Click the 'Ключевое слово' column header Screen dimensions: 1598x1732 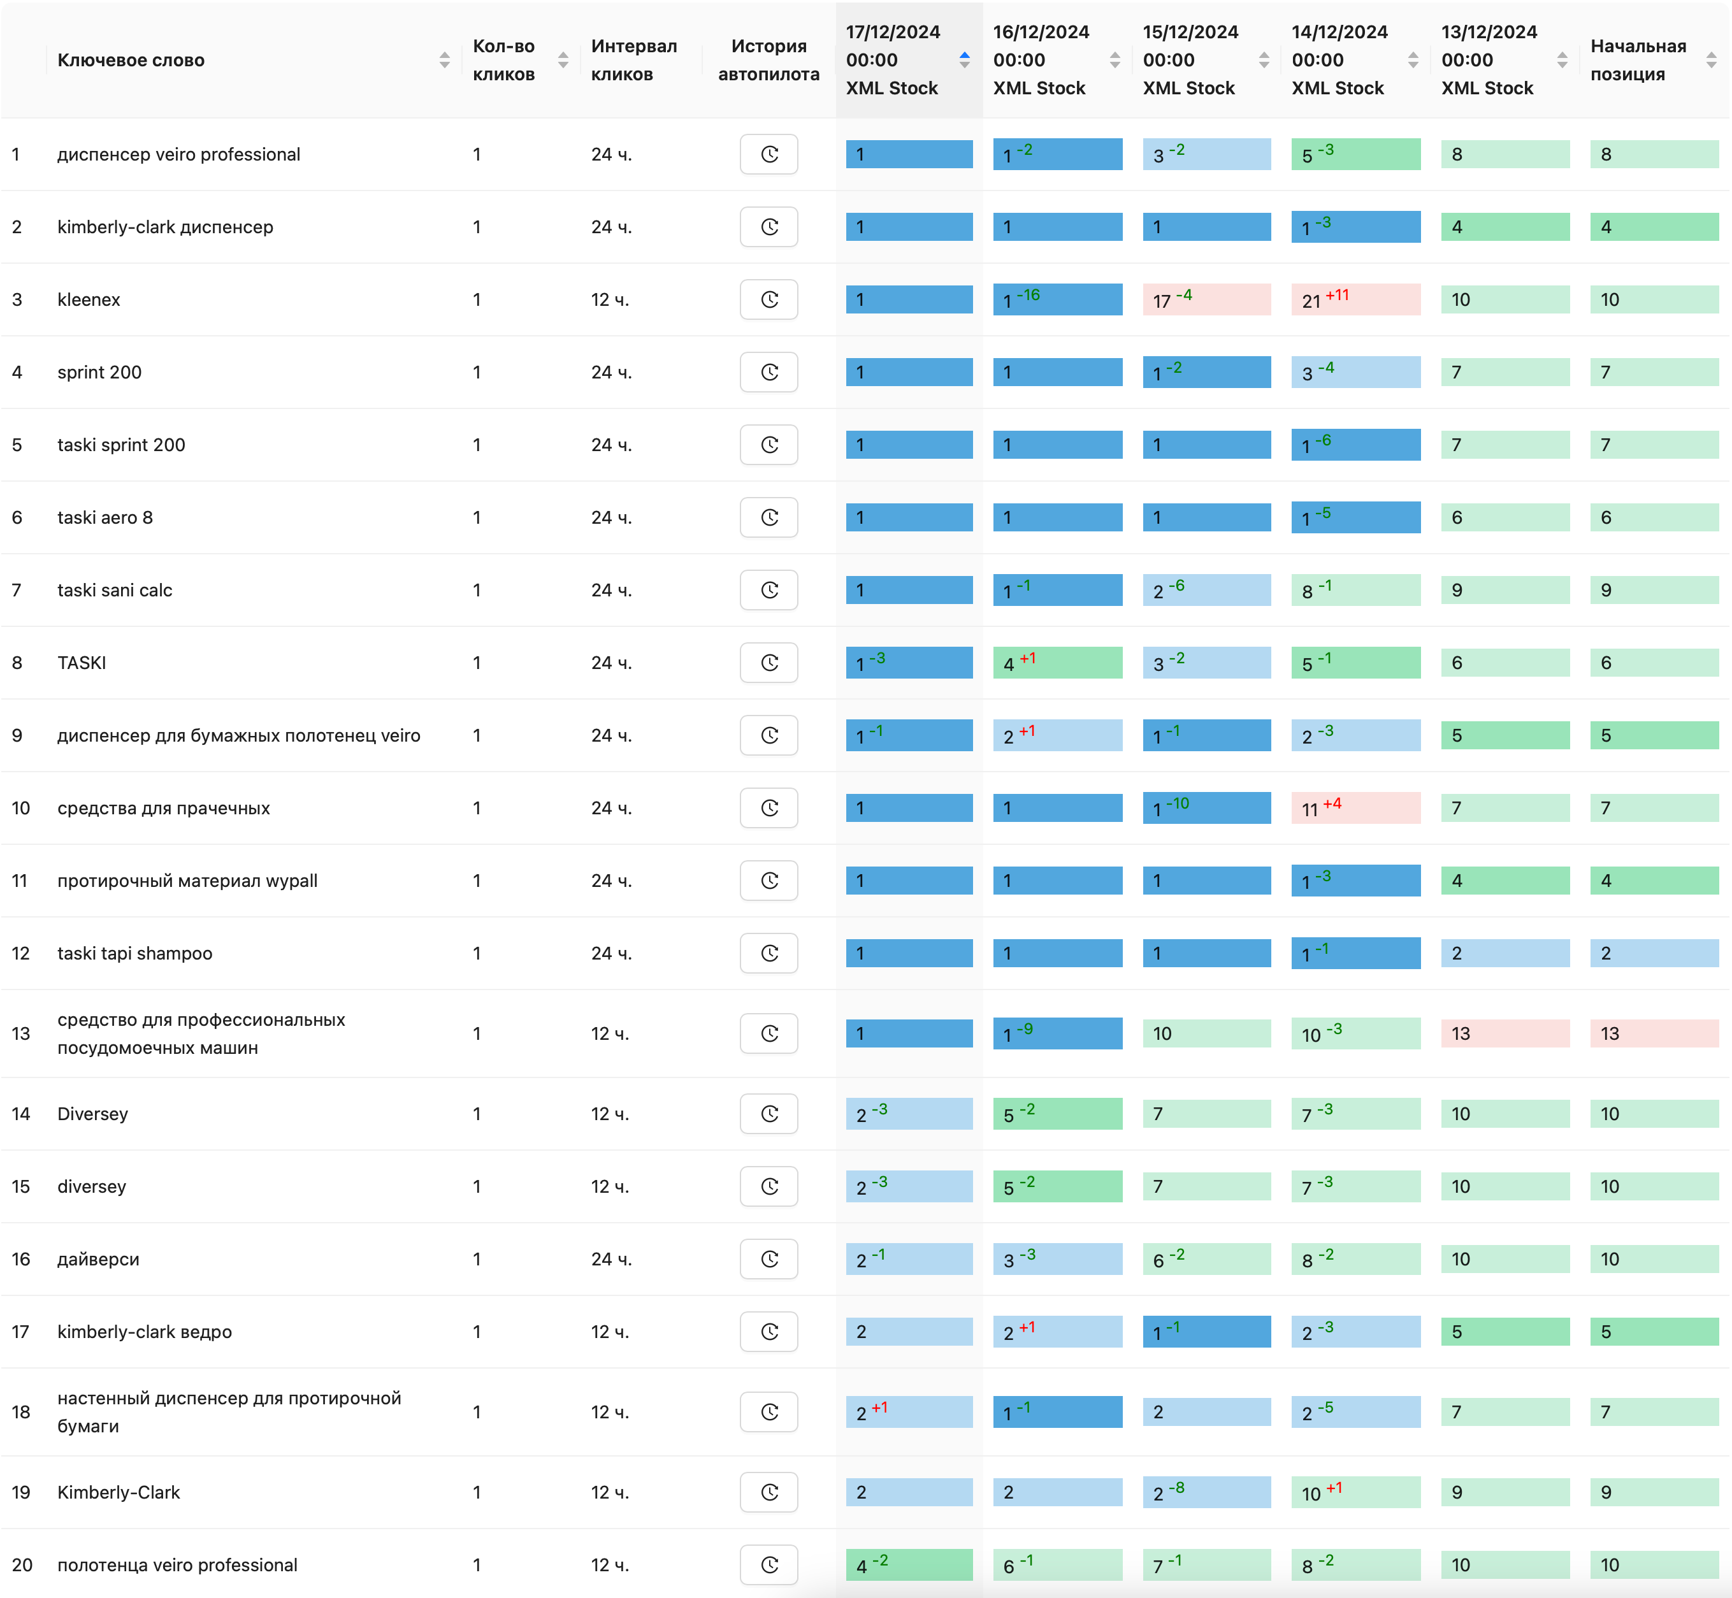pyautogui.click(x=131, y=61)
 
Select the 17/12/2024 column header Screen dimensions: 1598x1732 pyautogui.click(x=892, y=61)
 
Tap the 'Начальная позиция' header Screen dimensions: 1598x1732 pyautogui.click(x=1638, y=61)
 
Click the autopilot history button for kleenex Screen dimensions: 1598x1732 pyautogui.click(x=769, y=300)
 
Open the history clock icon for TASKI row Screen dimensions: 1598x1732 pyautogui.click(x=769, y=663)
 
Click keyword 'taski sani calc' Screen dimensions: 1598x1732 pyautogui.click(x=115, y=591)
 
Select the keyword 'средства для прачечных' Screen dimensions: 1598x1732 pyautogui.click(x=163, y=809)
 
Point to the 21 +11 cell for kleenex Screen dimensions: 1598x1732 pyautogui.click(x=1355, y=300)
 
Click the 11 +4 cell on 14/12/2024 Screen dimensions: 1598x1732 pyautogui.click(x=1355, y=809)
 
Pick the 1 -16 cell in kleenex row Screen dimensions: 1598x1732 pyautogui.click(x=1057, y=300)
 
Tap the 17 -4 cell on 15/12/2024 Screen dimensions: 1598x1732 pyautogui.click(x=1206, y=300)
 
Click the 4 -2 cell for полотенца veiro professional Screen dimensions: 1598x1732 pyautogui.click(x=909, y=1565)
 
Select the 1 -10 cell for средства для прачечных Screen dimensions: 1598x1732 pyautogui.click(x=1206, y=809)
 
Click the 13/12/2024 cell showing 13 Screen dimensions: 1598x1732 pyautogui.click(x=1505, y=1034)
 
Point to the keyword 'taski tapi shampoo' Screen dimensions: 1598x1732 pyautogui.click(x=135, y=954)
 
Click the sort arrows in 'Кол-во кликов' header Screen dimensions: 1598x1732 pyautogui.click(x=563, y=61)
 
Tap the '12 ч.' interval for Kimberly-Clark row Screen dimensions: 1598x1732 pyautogui.click(x=610, y=1492)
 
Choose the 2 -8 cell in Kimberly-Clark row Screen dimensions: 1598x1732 pyautogui.click(x=1206, y=1492)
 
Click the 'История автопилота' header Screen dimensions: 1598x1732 pyautogui.click(x=769, y=61)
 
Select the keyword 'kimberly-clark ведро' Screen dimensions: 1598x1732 pyautogui.click(x=145, y=1332)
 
